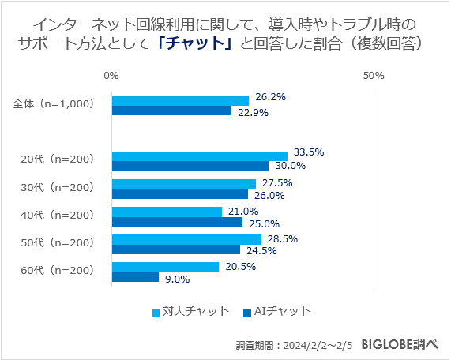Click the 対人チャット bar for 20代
(x=199, y=156)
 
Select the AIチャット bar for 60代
(x=135, y=277)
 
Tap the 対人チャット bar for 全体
(x=180, y=100)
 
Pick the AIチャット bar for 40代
(x=177, y=222)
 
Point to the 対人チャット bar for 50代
(x=186, y=239)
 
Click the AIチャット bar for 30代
(x=180, y=194)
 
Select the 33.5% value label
(x=309, y=152)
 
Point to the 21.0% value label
(x=243, y=211)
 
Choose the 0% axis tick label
(x=111, y=76)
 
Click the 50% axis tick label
(x=374, y=76)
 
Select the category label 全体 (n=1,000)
(x=54, y=104)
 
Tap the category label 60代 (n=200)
(x=57, y=271)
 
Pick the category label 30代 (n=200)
(x=57, y=187)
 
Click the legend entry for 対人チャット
(x=190, y=311)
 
